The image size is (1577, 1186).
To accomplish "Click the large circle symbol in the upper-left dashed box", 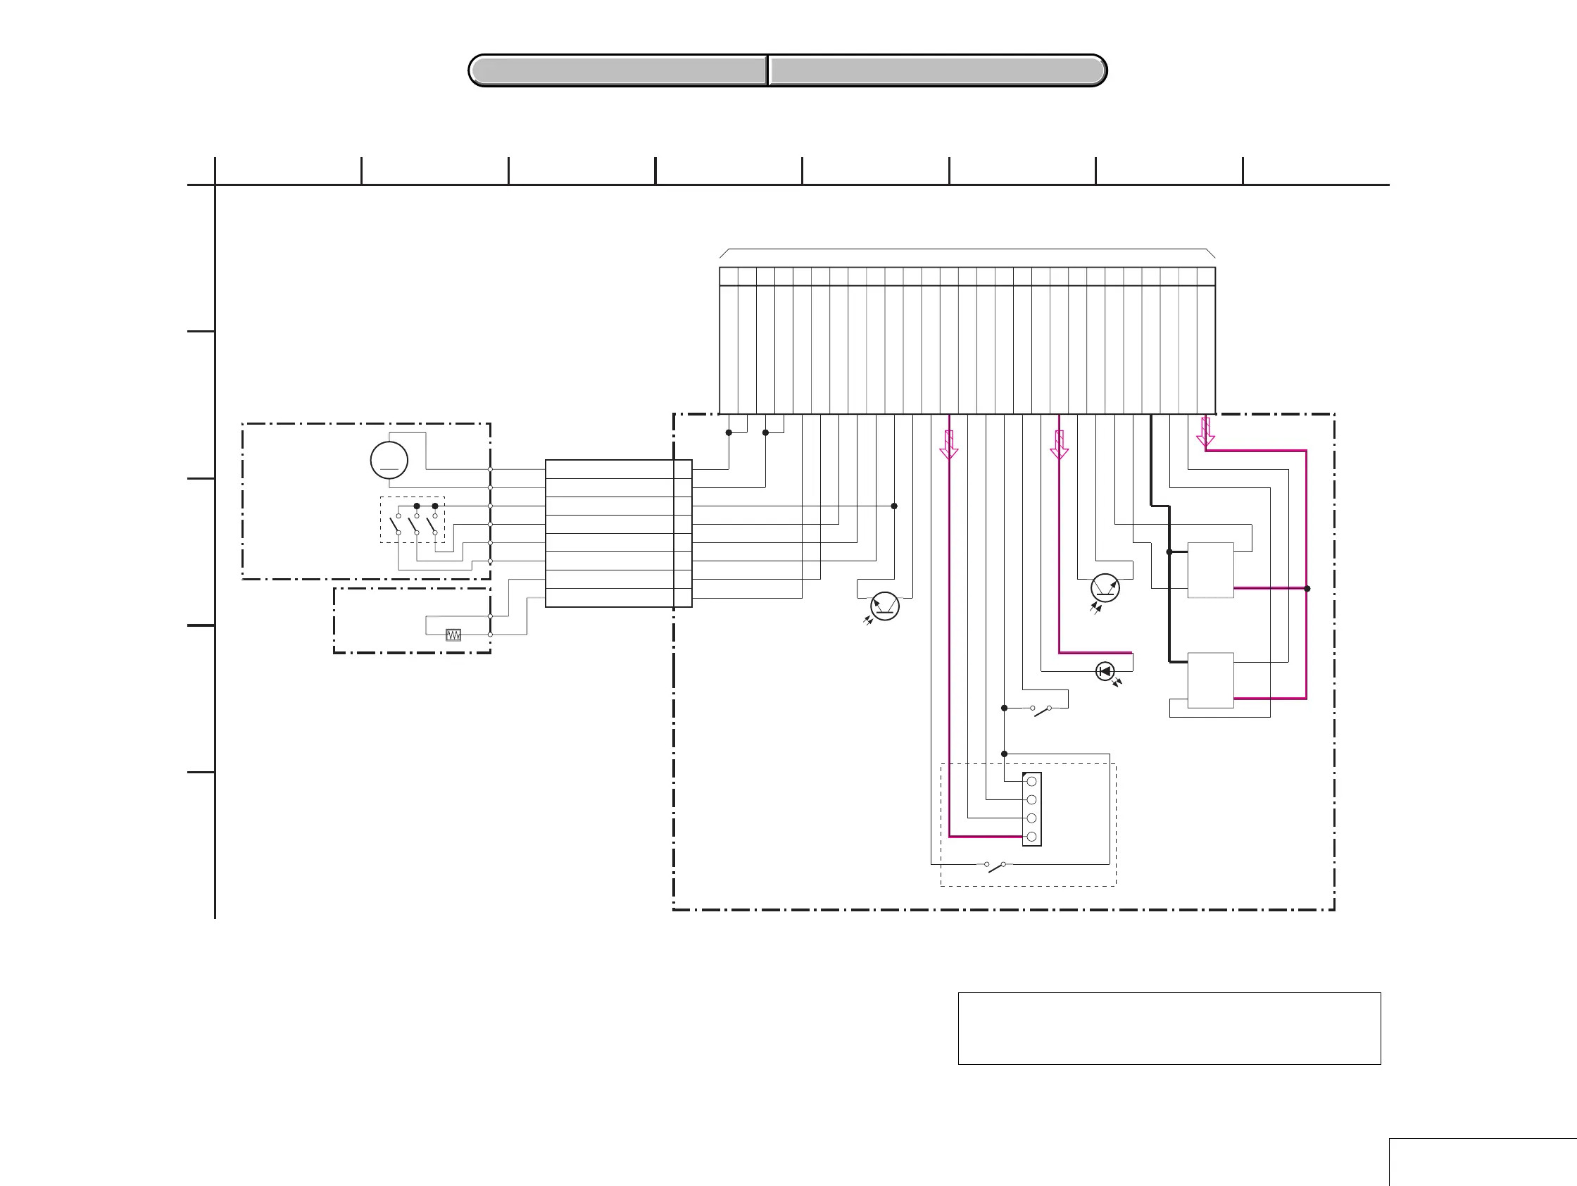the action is pyautogui.click(x=389, y=460).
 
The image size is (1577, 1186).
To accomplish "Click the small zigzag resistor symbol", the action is pyautogui.click(x=453, y=635).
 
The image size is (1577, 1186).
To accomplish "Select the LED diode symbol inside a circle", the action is pyautogui.click(x=1105, y=671).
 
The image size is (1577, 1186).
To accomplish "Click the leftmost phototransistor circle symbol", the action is pyautogui.click(x=885, y=606).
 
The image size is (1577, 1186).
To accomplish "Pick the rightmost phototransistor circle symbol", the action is pyautogui.click(x=1105, y=588).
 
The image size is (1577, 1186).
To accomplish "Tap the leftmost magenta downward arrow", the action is pyautogui.click(x=949, y=444).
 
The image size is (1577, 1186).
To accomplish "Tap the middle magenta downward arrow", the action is pyautogui.click(x=1060, y=444).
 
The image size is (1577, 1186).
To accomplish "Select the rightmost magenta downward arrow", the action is pyautogui.click(x=1205, y=432).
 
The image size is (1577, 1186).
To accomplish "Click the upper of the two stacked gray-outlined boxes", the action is pyautogui.click(x=1210, y=570).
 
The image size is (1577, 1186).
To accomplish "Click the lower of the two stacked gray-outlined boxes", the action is pyautogui.click(x=1210, y=680).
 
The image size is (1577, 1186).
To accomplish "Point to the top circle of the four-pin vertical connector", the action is pyautogui.click(x=1031, y=782).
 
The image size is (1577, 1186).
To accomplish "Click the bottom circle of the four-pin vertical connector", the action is pyautogui.click(x=1031, y=837).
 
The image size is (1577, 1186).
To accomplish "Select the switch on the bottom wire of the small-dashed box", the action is pyautogui.click(x=995, y=866).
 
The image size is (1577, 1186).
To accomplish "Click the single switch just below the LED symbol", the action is pyautogui.click(x=1041, y=710).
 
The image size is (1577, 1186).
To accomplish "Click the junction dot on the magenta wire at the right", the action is pyautogui.click(x=1307, y=588).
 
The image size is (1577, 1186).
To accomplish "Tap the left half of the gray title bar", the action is pyautogui.click(x=618, y=70).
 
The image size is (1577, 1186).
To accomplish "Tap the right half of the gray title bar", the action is pyautogui.click(x=937, y=70).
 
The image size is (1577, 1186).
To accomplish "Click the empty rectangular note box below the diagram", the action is pyautogui.click(x=1169, y=1028).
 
